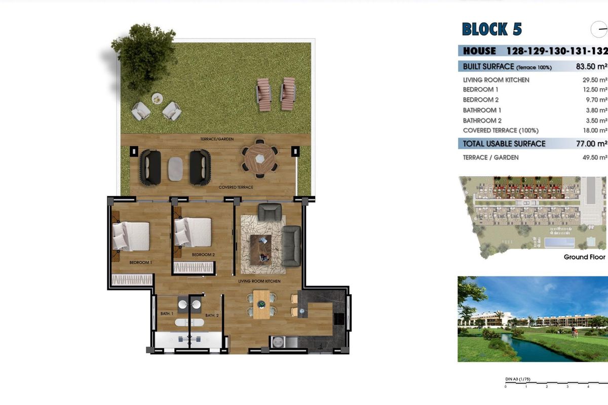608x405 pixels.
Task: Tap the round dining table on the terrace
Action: (259, 159)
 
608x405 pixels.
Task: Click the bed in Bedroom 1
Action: (131, 236)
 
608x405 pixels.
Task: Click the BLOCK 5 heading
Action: (491, 29)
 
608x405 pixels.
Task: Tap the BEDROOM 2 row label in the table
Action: (481, 100)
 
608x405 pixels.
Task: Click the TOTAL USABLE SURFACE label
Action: (504, 144)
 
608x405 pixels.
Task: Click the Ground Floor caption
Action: (584, 257)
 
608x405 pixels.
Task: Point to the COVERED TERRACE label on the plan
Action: (236, 187)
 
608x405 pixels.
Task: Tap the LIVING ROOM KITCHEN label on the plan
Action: (259, 281)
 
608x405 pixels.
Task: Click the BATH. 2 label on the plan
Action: (212, 315)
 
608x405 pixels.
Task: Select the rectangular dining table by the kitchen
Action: (261, 304)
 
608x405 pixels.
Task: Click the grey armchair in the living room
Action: (270, 212)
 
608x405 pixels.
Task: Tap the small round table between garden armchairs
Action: (157, 98)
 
